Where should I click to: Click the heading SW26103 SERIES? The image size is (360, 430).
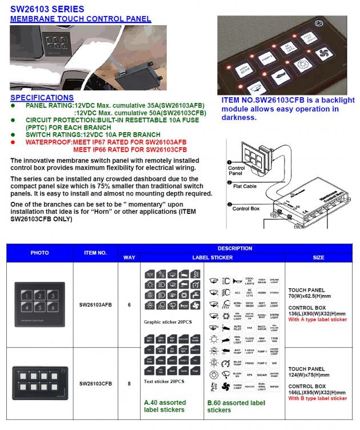pos(47,9)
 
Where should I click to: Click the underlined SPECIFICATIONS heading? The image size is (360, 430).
pos(42,98)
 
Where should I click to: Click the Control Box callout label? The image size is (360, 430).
pos(246,209)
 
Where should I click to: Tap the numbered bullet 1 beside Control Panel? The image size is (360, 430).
pos(230,163)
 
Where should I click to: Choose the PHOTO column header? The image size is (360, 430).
pos(39,252)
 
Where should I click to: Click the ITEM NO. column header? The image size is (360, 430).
pos(95,252)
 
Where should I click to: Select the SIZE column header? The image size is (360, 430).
pos(318,257)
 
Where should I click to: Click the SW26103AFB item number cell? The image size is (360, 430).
pos(95,305)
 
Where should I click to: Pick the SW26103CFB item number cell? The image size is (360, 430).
pos(95,383)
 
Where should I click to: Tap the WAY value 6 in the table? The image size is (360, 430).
pos(129,305)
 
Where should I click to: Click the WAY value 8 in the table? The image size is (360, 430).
pos(129,383)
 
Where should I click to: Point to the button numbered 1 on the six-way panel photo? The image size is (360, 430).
pos(26,295)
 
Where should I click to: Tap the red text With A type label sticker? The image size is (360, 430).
pos(317,320)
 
